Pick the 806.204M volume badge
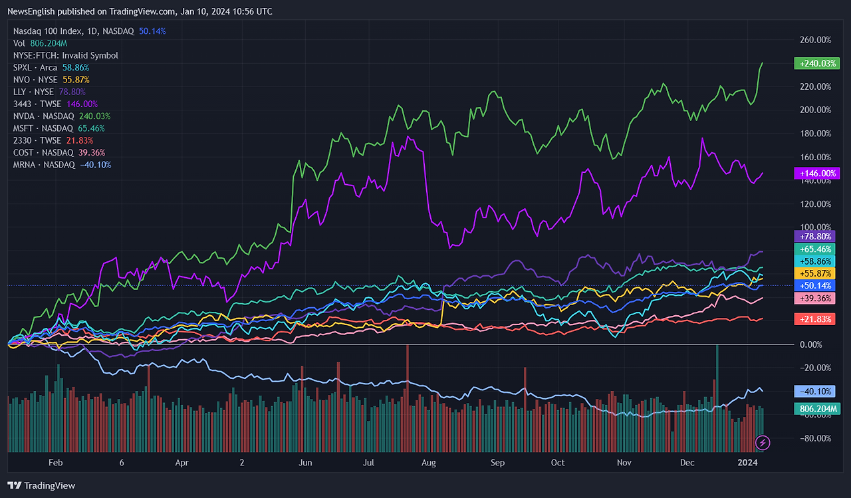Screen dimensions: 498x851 816,409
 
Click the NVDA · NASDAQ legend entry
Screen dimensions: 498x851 43,116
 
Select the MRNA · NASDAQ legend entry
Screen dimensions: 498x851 44,164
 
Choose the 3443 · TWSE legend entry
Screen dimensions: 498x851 37,104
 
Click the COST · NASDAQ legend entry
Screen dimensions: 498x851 43,152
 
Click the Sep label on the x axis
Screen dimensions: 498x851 497,462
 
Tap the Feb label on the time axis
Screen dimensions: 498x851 55,462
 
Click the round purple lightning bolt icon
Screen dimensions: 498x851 763,442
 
